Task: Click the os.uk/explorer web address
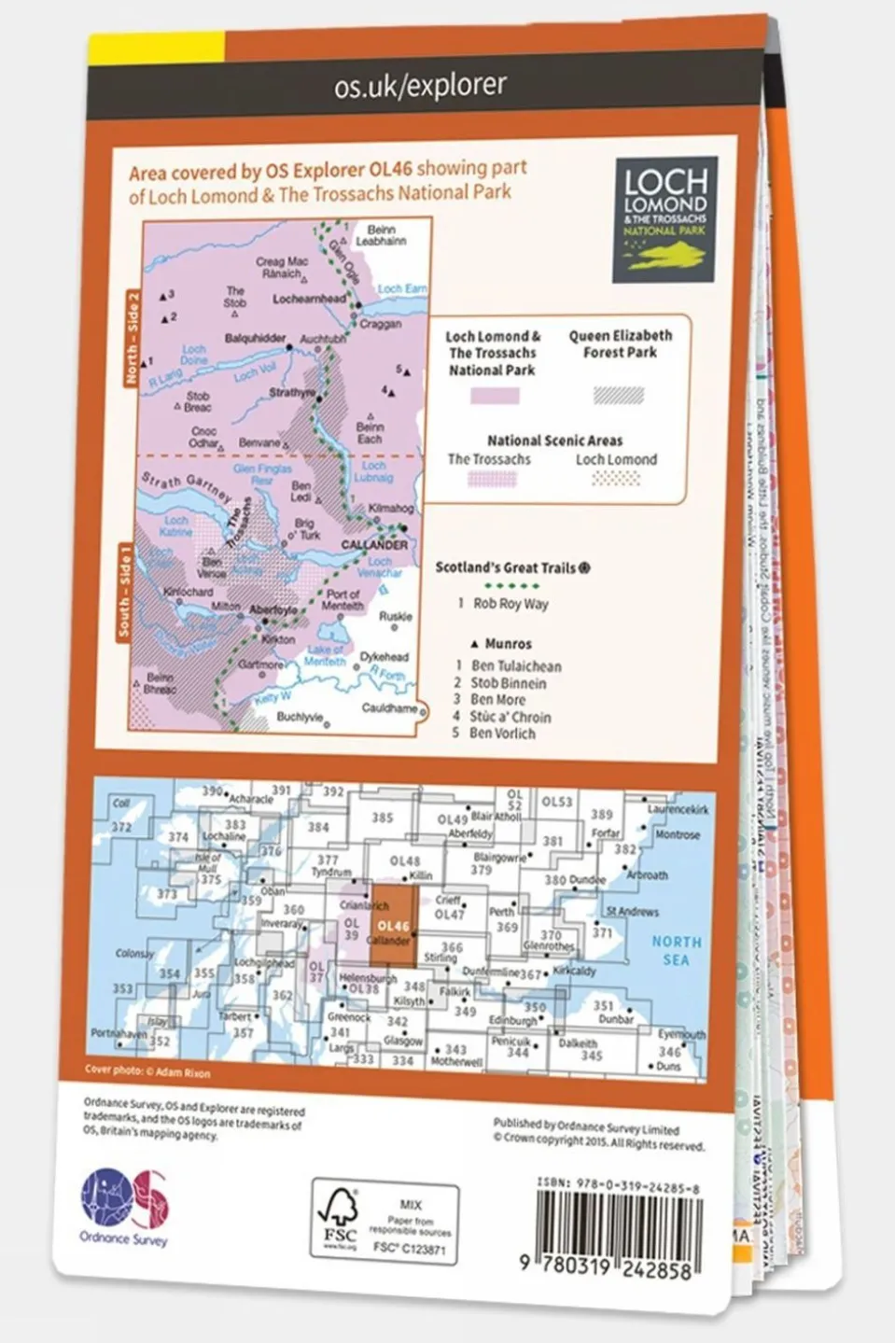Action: tap(420, 86)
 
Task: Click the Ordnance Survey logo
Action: tap(125, 1208)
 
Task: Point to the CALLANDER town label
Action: tap(374, 544)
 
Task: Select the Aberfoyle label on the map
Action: tap(273, 609)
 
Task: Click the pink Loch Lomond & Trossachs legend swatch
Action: tap(494, 395)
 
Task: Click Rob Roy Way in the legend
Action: tap(510, 604)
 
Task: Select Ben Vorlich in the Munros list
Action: tap(502, 734)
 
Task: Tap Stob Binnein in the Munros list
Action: tap(508, 683)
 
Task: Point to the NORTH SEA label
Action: tap(677, 951)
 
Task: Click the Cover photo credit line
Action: tap(147, 1071)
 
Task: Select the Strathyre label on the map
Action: tap(292, 393)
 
